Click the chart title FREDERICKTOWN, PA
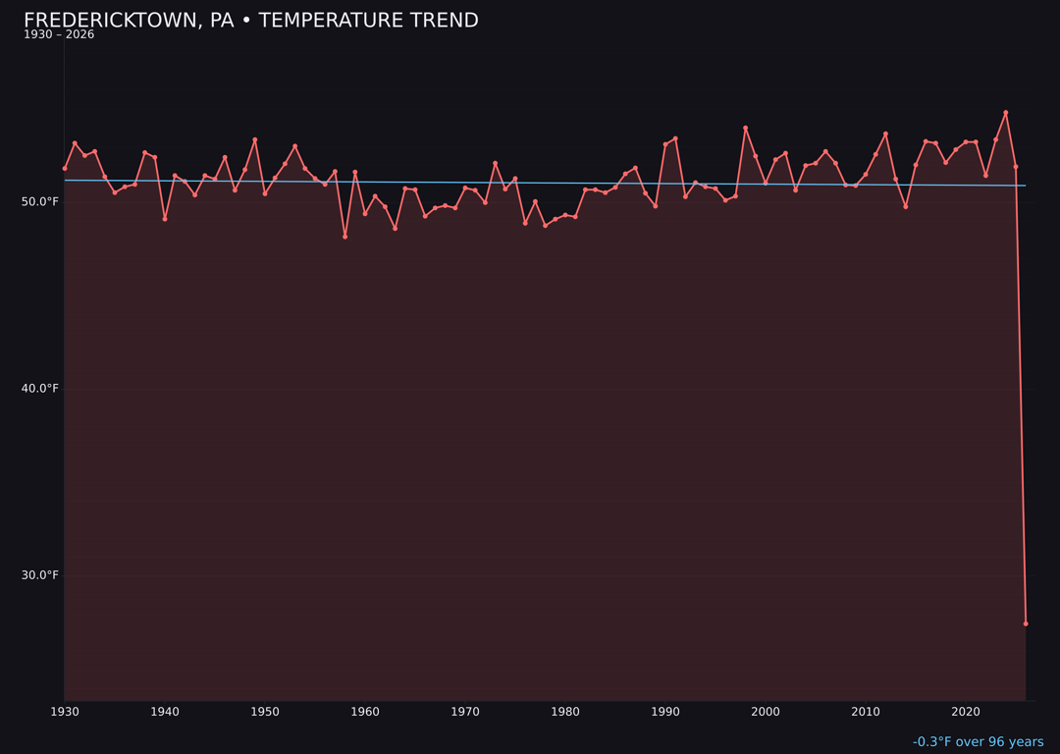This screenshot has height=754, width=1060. point(250,21)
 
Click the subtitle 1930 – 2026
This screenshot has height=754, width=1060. point(59,35)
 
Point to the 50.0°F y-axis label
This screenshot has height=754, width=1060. point(41,201)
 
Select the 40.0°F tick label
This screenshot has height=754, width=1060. point(41,389)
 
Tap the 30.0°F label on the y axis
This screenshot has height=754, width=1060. point(41,575)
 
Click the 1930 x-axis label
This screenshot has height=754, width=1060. point(65,712)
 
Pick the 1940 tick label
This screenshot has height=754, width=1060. point(165,712)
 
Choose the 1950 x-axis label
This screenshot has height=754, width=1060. point(265,712)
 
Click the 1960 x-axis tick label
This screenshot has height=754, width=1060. point(365,712)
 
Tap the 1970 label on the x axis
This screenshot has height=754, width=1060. point(465,712)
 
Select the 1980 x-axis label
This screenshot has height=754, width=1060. point(565,712)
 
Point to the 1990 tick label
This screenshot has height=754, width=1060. point(665,712)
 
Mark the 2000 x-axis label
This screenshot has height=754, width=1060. point(766,712)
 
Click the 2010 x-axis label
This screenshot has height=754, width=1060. point(866,712)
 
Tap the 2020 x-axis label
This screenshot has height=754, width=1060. point(966,712)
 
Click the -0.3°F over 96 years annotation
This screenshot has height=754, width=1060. point(978,742)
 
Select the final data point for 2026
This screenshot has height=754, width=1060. point(1026,623)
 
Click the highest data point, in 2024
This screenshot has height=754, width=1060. point(1006,113)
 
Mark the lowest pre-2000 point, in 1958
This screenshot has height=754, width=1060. point(344,237)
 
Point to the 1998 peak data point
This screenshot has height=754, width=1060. point(745,129)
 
